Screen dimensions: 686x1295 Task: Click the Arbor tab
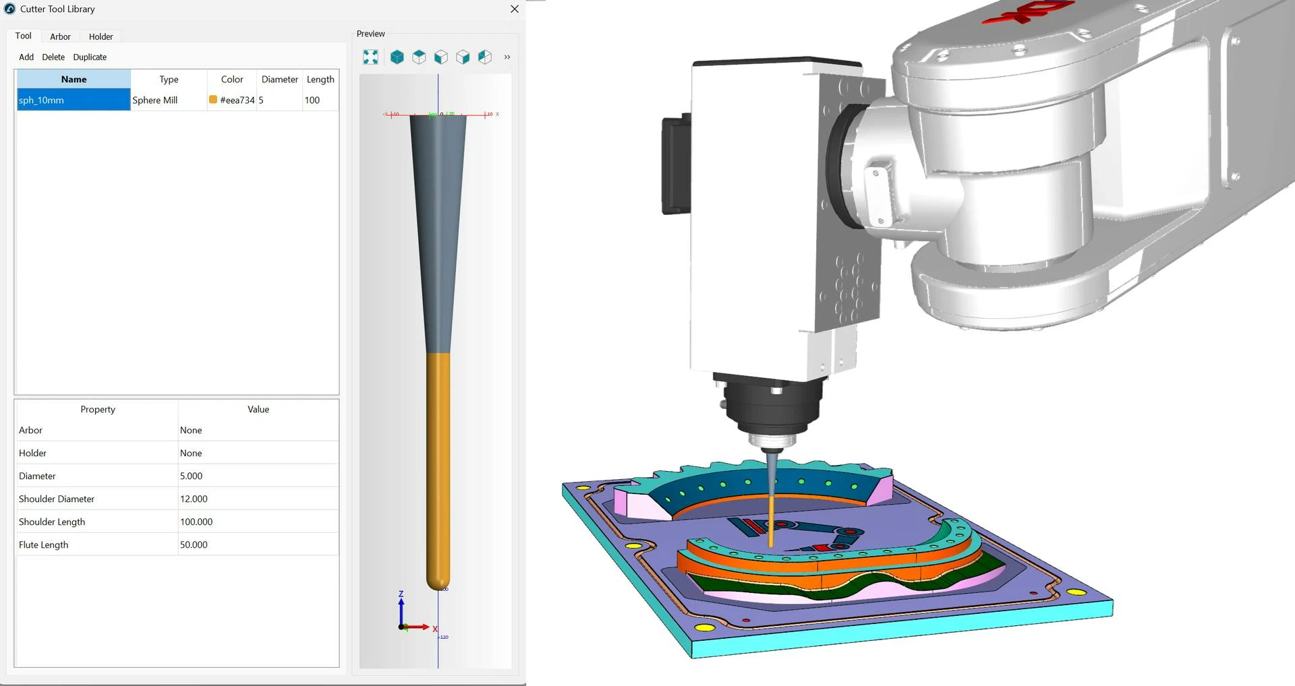point(60,36)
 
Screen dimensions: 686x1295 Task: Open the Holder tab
point(100,36)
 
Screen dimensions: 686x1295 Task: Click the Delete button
point(53,57)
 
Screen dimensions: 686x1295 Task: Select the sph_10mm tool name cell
point(73,100)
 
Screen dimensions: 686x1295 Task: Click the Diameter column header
point(279,80)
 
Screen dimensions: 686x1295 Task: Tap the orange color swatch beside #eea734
point(213,100)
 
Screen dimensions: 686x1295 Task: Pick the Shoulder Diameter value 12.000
point(194,499)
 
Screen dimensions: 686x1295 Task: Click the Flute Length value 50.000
point(194,544)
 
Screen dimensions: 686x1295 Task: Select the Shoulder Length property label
point(52,522)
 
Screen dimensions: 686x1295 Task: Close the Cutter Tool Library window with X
point(515,9)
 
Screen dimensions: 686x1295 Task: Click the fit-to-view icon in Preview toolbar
point(370,57)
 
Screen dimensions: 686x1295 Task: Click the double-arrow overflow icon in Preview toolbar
point(507,57)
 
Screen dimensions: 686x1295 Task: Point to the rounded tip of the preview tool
point(438,584)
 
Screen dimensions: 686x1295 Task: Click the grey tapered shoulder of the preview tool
point(438,229)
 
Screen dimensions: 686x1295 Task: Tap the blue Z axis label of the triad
point(401,594)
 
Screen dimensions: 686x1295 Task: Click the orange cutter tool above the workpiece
point(771,522)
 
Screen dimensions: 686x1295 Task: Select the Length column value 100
point(312,100)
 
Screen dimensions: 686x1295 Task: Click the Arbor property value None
point(191,430)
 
